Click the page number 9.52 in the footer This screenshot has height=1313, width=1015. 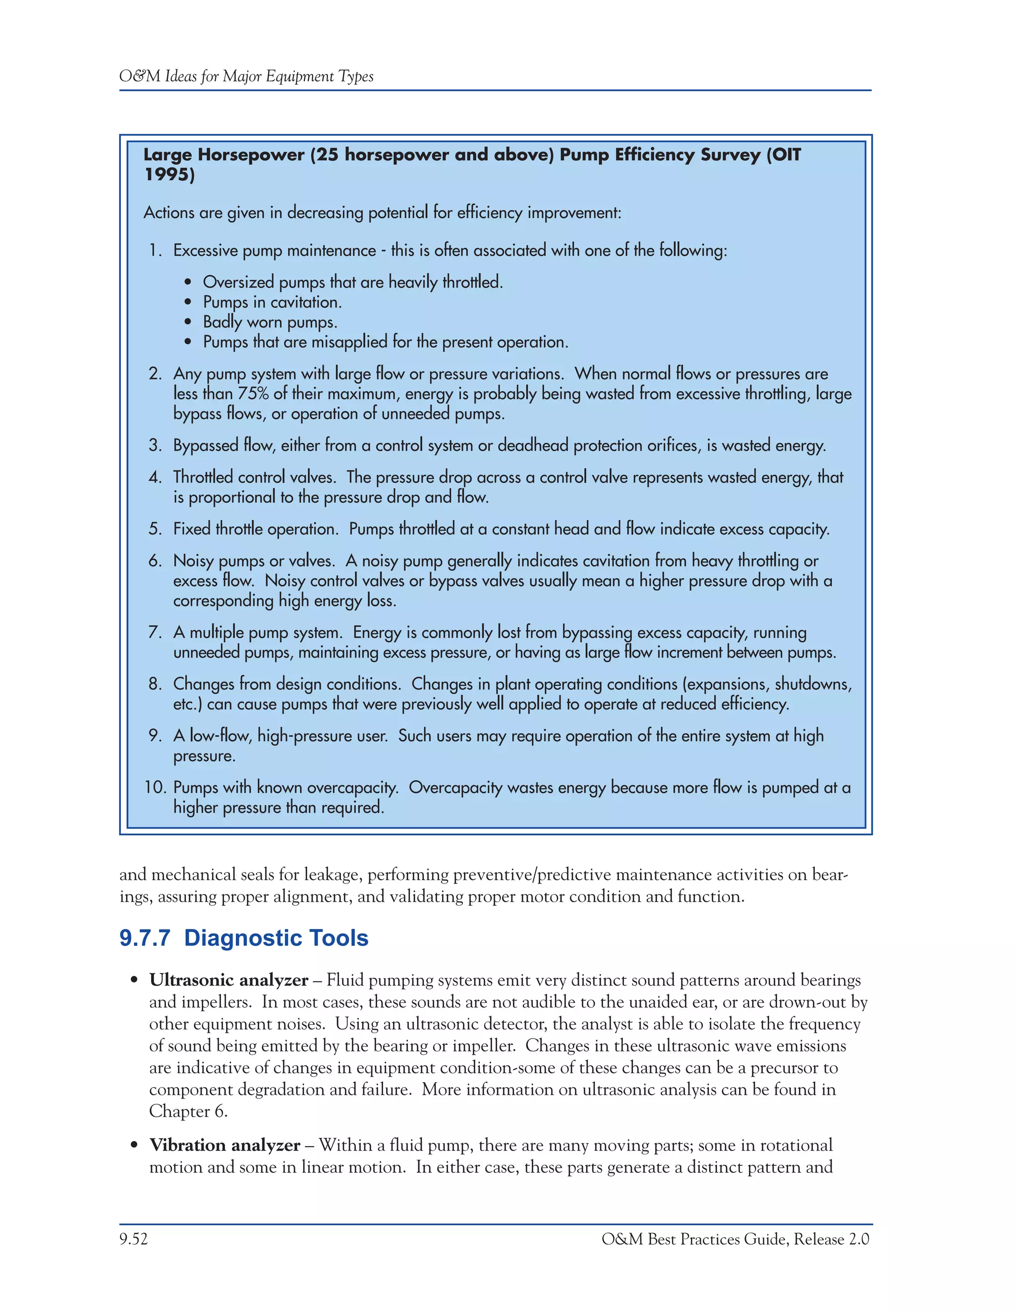coord(133,1239)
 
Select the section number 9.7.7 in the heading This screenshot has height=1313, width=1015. coord(145,938)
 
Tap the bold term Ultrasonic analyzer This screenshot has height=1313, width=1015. coord(228,981)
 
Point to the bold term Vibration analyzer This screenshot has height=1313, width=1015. coord(225,1145)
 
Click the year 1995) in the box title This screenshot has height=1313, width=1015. coord(169,174)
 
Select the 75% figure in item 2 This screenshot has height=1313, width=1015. coord(253,394)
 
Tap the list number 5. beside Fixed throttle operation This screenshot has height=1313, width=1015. coord(155,529)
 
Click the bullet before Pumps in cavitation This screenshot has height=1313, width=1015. coord(189,302)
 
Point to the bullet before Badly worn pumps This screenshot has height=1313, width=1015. coord(189,322)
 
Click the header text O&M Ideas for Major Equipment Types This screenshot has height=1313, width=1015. coord(246,76)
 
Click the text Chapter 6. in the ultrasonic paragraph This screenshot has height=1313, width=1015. coord(188,1112)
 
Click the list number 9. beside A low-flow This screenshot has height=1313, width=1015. coord(155,736)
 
